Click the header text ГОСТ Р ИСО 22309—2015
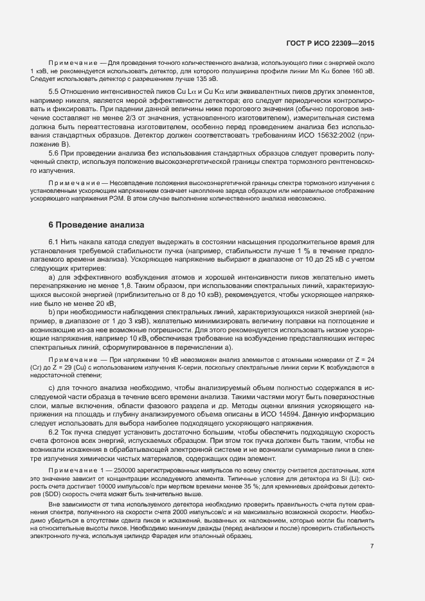[x=330, y=43]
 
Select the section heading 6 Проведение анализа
[x=96, y=225]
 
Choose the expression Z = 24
[x=361, y=360]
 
